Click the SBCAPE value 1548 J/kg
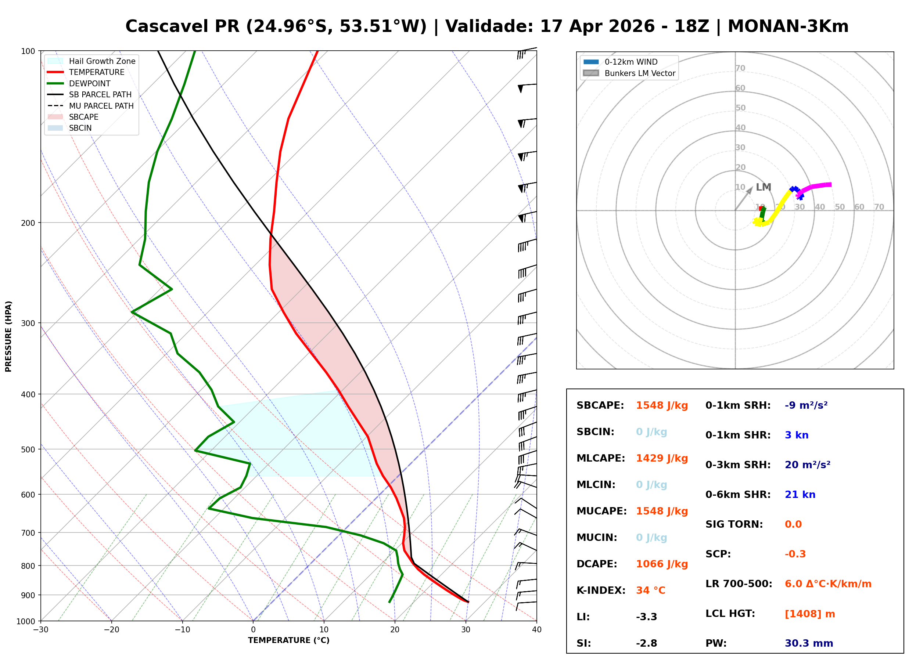coord(662,405)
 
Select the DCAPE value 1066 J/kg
coord(662,564)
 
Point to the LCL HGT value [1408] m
coord(810,614)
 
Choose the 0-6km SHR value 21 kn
coord(800,495)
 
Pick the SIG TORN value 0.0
coord(793,524)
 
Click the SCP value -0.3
coord(795,554)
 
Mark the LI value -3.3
coord(646,617)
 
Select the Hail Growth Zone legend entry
coord(102,61)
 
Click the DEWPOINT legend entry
coord(90,83)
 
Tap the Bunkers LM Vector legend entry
coord(640,73)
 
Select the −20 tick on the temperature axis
coord(111,630)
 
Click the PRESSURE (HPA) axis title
coord(8,336)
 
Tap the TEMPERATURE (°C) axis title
coord(288,640)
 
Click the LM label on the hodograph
coord(764,187)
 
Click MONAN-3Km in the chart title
coord(788,26)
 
